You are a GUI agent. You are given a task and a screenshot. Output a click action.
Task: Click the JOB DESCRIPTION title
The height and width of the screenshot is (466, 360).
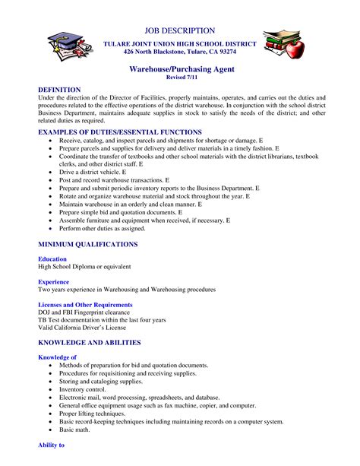coord(179,30)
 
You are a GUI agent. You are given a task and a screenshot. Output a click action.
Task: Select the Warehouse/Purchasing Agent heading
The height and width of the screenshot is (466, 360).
coord(179,68)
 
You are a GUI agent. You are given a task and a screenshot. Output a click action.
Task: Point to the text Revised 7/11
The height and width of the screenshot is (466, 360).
coord(179,78)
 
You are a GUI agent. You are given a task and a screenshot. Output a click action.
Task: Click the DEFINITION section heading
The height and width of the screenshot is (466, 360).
coord(59,89)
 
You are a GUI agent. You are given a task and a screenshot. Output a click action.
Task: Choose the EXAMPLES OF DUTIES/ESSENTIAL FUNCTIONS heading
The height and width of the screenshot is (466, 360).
coord(120,132)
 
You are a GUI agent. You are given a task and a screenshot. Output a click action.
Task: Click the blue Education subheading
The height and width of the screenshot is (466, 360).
coord(54,259)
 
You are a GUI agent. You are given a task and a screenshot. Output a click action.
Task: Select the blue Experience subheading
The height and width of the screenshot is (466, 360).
coord(55,282)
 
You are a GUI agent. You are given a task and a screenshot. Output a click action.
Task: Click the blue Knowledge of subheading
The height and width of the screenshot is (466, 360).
coord(58,357)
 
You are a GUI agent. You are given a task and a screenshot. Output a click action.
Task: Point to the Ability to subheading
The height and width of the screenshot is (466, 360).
coord(52,444)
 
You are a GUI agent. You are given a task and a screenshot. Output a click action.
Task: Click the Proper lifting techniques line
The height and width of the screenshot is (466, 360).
coord(96,414)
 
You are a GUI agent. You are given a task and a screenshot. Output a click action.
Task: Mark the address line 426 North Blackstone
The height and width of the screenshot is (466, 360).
coord(179,52)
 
